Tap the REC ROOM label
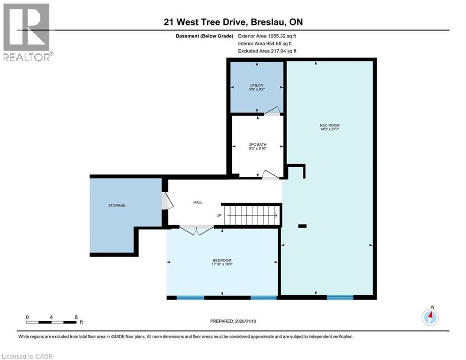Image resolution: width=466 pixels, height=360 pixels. point(329,125)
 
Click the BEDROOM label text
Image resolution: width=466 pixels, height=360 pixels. point(222,261)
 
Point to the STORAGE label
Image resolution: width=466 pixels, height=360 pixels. point(117,205)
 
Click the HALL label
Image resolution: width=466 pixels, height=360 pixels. point(198,202)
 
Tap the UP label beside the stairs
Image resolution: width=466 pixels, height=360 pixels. point(219,215)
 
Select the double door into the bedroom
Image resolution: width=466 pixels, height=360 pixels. point(197,230)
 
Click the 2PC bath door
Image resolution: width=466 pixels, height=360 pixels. point(270,174)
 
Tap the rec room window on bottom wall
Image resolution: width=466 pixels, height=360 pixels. point(340,297)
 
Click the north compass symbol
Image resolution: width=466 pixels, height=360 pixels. point(430,317)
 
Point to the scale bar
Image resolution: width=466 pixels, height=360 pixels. point(52,322)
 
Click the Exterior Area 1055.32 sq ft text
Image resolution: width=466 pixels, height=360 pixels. point(267,36)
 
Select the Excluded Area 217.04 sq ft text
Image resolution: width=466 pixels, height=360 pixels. point(267,51)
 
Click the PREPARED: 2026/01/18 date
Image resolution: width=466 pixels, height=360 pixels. point(233,321)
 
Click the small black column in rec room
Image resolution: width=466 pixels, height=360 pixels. point(303,226)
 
